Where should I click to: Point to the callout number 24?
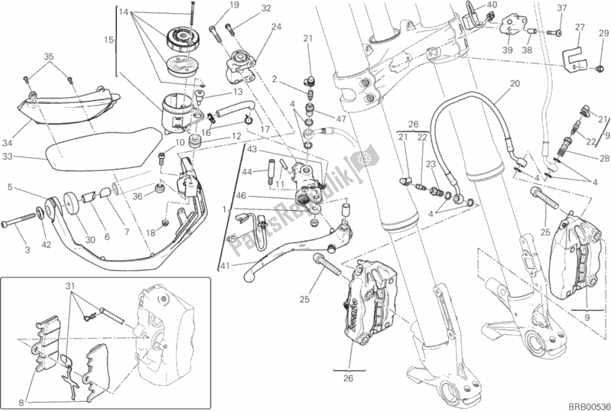pos(275,27)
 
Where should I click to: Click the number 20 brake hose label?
pos(515,83)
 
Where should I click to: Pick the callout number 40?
pos(492,5)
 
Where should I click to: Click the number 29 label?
pos(603,33)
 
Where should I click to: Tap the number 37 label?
pos(562,8)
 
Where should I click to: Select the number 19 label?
pos(213,5)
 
